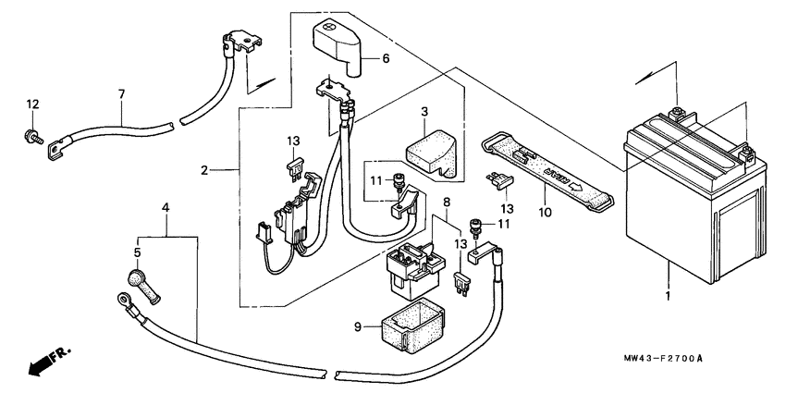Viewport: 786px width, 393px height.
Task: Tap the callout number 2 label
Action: coord(204,170)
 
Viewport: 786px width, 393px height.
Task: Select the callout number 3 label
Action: coord(424,112)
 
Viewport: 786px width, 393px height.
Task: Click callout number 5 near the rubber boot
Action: coord(137,252)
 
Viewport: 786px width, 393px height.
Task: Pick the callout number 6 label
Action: coord(387,58)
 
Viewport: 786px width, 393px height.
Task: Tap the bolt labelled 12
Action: coord(31,138)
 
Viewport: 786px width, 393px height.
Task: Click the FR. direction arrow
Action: coord(48,361)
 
